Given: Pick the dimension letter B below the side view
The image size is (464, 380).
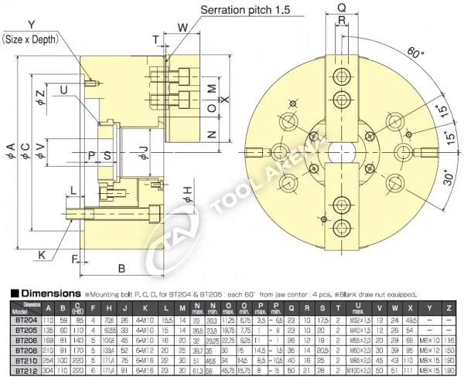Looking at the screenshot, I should tap(121, 268).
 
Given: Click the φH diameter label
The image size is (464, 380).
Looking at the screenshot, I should tap(187, 191).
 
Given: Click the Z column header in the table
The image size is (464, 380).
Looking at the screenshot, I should tap(450, 308).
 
